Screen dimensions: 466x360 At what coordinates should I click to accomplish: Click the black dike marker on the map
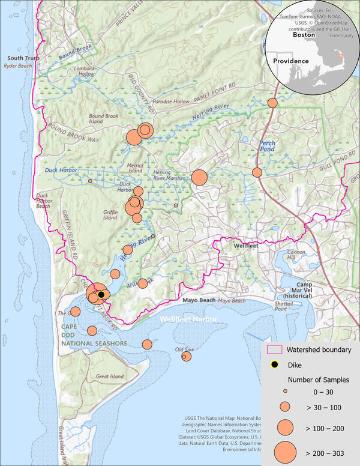click(101, 294)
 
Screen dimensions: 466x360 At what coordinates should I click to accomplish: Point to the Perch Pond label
click(266, 147)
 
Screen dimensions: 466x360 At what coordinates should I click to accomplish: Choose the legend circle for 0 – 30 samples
click(286, 391)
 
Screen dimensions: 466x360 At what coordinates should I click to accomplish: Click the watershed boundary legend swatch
click(275, 349)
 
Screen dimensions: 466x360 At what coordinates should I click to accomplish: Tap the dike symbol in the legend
click(275, 365)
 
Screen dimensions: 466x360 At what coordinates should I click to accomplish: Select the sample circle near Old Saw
click(186, 356)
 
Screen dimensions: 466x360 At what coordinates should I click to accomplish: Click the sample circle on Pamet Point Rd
click(272, 103)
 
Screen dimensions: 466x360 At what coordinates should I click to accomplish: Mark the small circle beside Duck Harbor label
click(90, 181)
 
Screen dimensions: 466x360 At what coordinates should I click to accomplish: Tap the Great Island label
click(110, 377)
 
